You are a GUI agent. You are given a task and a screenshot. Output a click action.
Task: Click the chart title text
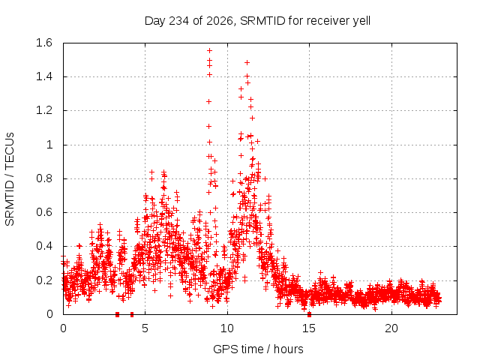click(x=257, y=21)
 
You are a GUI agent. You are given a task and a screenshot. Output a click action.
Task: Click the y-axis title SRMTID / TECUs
click(x=10, y=179)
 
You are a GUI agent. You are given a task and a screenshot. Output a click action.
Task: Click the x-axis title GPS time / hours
click(x=258, y=349)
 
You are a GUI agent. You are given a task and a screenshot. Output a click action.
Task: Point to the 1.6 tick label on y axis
click(x=44, y=43)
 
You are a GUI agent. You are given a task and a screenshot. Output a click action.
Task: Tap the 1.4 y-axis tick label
click(x=44, y=76)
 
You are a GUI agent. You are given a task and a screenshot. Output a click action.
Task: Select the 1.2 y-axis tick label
click(x=44, y=110)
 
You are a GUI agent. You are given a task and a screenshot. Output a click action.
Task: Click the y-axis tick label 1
click(x=49, y=145)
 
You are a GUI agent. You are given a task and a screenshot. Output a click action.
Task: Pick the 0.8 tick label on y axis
click(x=44, y=178)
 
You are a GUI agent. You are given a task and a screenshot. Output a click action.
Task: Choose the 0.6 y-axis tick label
click(x=44, y=212)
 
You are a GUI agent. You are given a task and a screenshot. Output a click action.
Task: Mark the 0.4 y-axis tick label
click(x=44, y=246)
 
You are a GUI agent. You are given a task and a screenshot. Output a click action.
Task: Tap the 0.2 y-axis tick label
click(x=44, y=280)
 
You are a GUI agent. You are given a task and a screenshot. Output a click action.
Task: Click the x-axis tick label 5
click(x=145, y=328)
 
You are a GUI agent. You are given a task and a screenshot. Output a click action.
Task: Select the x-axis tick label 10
click(x=227, y=328)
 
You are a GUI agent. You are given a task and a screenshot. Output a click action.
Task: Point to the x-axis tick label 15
click(x=309, y=328)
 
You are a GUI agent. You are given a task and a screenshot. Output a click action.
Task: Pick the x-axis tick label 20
click(x=391, y=328)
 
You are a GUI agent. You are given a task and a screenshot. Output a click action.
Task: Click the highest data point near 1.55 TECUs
click(x=210, y=51)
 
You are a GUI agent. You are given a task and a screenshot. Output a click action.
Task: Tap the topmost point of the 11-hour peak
click(x=247, y=63)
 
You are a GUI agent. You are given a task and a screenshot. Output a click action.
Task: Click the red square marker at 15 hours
click(x=309, y=314)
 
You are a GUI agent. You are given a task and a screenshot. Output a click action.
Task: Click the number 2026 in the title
click(x=220, y=21)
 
